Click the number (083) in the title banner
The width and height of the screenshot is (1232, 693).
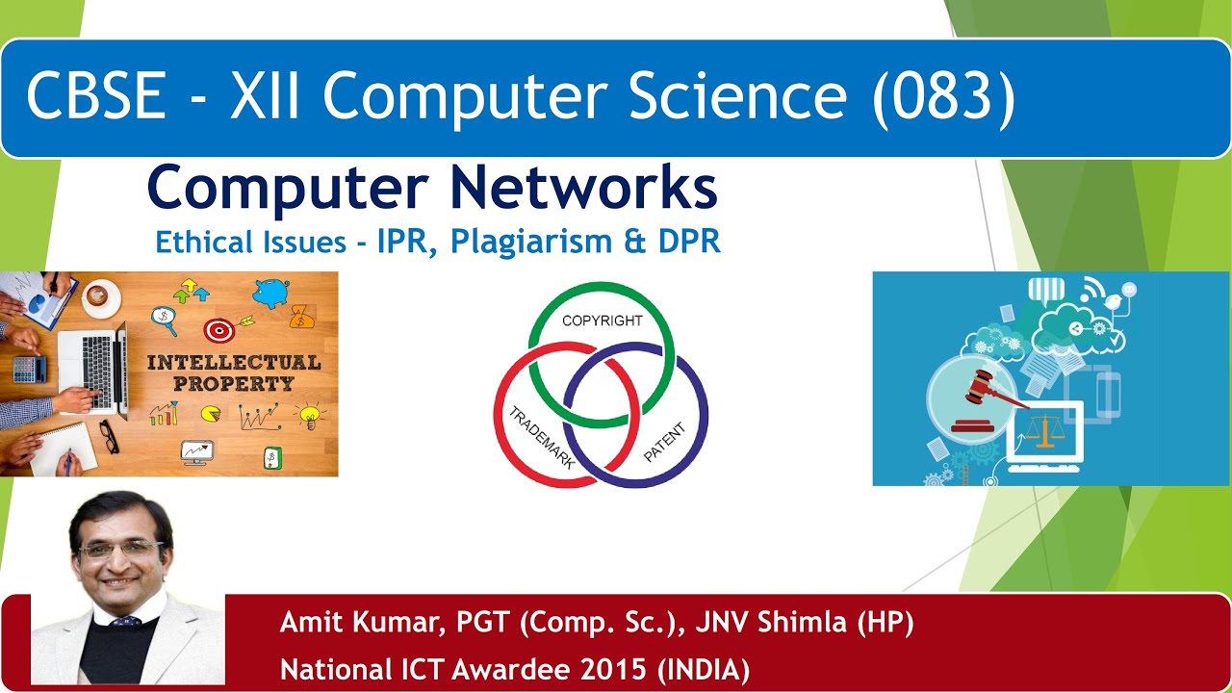(943, 96)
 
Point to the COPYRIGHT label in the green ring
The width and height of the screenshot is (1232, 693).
(602, 321)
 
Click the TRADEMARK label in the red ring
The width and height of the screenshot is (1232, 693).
(542, 438)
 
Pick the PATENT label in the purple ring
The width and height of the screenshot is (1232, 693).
(664, 440)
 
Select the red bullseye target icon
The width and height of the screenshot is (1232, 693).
(219, 330)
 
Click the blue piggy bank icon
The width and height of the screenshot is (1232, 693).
(270, 293)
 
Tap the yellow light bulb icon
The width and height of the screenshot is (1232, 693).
(309, 415)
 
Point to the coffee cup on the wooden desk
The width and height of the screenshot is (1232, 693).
(98, 296)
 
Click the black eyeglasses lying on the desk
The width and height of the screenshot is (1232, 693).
(109, 435)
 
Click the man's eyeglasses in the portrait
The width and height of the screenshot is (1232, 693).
(120, 550)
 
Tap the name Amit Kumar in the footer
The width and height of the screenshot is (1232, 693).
(356, 623)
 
